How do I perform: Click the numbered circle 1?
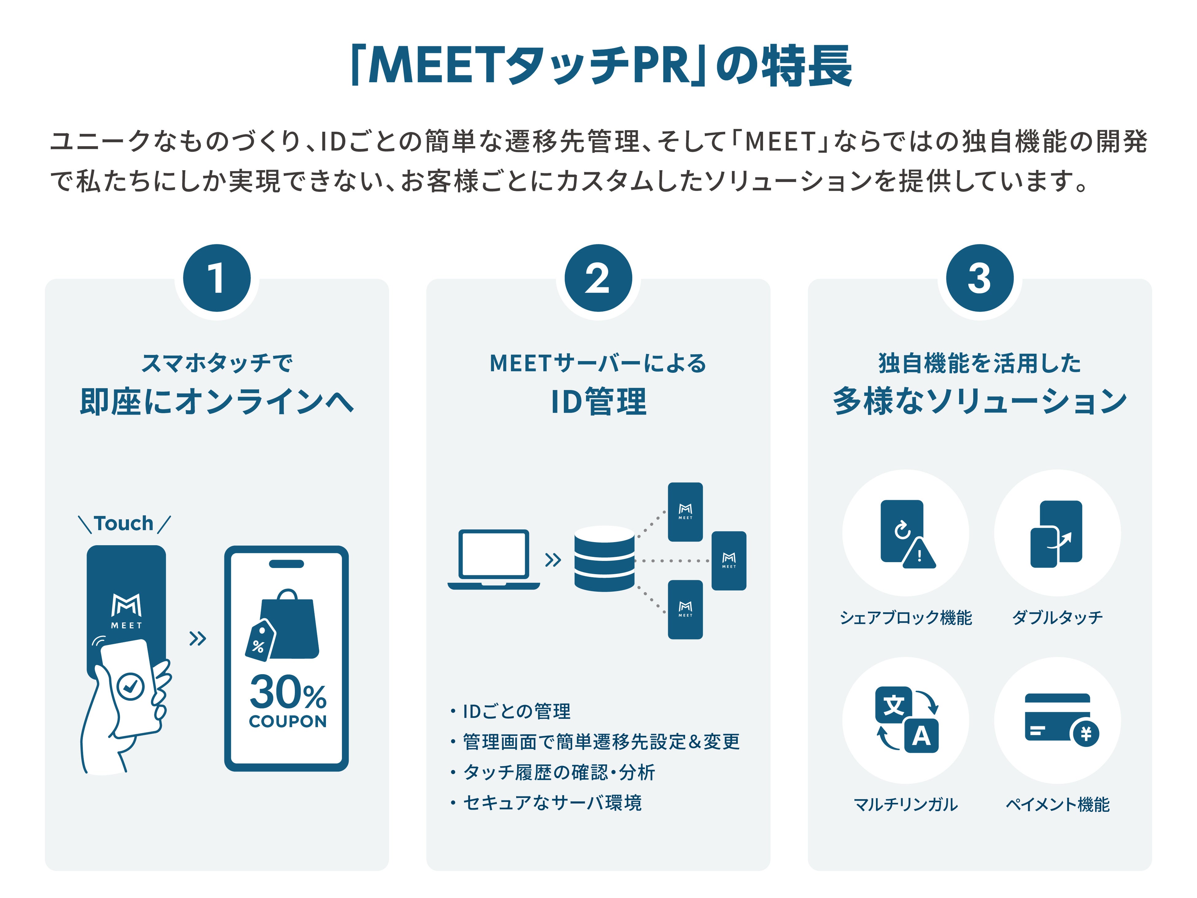216,278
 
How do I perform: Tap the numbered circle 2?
598,278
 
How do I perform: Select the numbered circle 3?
979,278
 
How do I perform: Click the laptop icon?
494,559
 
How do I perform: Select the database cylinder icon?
604,559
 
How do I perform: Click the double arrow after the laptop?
552,560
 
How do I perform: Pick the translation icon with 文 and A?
906,720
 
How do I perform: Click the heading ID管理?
598,402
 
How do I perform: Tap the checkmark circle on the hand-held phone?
130,686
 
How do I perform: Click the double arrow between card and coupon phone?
198,639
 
